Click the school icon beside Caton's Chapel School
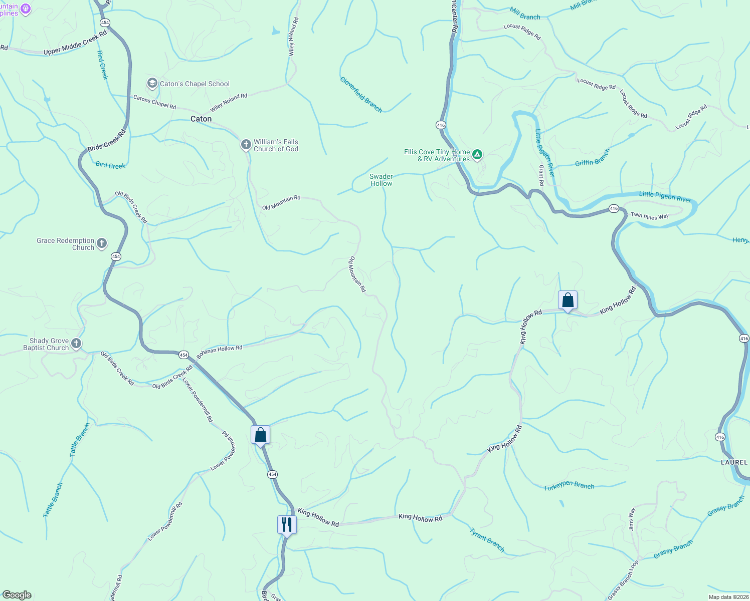point(152,83)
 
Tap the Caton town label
point(201,119)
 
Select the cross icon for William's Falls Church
point(246,145)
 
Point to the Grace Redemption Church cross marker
point(102,244)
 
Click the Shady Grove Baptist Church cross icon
point(76,344)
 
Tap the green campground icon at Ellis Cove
point(478,155)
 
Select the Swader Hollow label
point(381,180)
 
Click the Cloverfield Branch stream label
point(361,95)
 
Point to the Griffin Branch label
point(593,157)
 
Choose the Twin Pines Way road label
point(650,216)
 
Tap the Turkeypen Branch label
point(569,486)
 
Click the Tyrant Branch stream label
point(487,539)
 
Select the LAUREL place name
point(734,462)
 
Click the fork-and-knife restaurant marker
point(287,525)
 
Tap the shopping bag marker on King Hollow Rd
point(568,300)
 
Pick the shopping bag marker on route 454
point(260,434)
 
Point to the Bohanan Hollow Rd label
point(220,351)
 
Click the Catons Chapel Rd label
point(154,102)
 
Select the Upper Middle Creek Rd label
point(75,43)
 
